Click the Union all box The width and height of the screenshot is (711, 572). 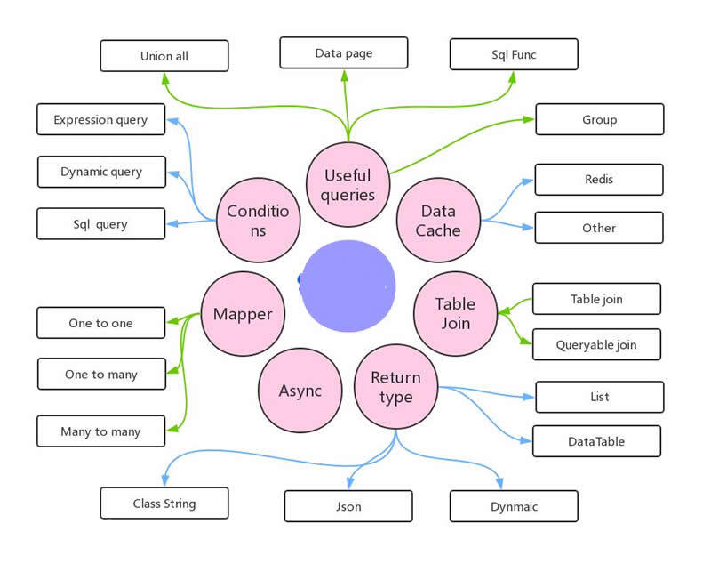click(x=164, y=56)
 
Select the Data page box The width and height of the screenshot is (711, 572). click(x=344, y=52)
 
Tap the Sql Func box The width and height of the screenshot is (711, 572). click(x=514, y=54)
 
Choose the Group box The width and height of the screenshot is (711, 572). click(x=599, y=119)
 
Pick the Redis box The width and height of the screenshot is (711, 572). click(x=599, y=180)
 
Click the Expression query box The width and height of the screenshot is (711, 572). click(x=100, y=119)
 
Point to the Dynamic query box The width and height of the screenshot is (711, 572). click(x=101, y=172)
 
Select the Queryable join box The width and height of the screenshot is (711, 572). click(x=596, y=344)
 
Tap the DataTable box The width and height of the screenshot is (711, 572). click(x=596, y=441)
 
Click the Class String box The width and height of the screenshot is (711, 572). click(x=164, y=503)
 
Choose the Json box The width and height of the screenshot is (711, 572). click(x=348, y=506)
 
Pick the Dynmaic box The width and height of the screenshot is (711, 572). click(x=514, y=506)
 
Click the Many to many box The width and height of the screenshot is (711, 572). click(x=100, y=431)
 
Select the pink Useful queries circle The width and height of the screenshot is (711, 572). click(x=348, y=185)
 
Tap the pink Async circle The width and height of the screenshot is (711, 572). click(x=300, y=391)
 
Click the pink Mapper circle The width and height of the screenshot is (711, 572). click(x=243, y=314)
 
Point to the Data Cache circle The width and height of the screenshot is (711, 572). click(x=438, y=221)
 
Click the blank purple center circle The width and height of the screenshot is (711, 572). click(x=348, y=286)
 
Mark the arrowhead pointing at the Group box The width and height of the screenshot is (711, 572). click(x=529, y=119)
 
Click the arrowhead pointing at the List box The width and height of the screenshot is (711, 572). click(x=529, y=398)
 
